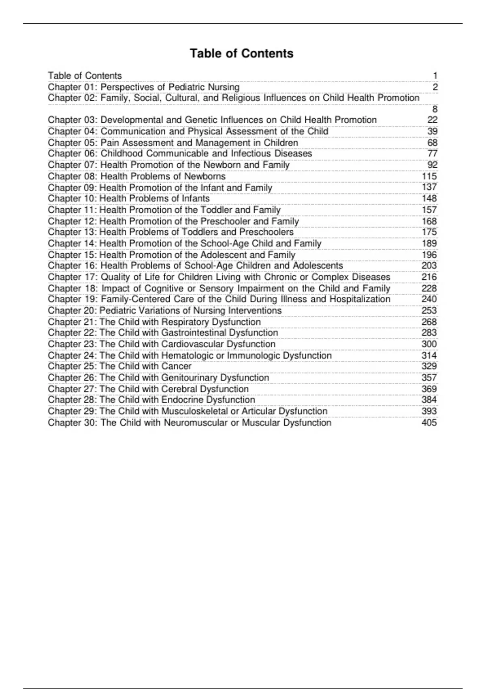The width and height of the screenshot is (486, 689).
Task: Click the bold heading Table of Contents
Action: pyautogui.click(x=242, y=53)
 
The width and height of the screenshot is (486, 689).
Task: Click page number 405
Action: pyautogui.click(x=429, y=423)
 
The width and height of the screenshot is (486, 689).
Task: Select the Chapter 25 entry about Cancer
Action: pyautogui.click(x=119, y=366)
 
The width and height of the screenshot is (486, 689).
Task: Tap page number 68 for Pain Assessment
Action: pyautogui.click(x=432, y=143)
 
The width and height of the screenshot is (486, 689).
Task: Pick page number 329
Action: pyautogui.click(x=429, y=366)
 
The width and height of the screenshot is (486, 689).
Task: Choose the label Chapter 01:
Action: pyautogui.click(x=72, y=87)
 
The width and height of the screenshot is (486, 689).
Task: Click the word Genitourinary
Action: pyautogui.click(x=189, y=378)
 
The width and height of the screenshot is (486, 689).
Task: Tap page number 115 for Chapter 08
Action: pyautogui.click(x=429, y=176)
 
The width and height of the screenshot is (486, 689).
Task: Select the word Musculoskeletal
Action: pyautogui.click(x=194, y=411)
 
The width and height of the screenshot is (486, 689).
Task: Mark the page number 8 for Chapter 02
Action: pyautogui.click(x=435, y=109)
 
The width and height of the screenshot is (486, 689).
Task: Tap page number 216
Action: pyautogui.click(x=429, y=277)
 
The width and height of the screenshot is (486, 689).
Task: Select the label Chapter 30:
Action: pyautogui.click(x=73, y=423)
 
